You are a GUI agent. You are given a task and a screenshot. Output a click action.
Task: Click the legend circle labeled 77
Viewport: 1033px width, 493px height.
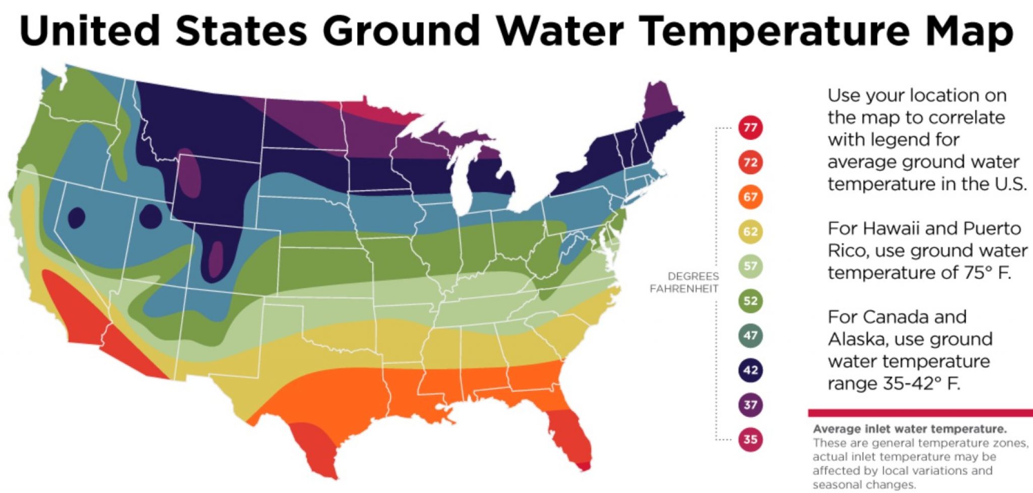[750, 127]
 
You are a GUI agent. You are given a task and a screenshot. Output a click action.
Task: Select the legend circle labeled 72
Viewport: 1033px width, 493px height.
[750, 162]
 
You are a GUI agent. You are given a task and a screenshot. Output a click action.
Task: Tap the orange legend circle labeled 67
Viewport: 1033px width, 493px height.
[750, 197]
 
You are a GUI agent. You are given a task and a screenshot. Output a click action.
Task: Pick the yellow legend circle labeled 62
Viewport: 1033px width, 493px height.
[750, 232]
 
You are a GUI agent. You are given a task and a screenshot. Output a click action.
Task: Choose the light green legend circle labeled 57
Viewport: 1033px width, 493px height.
[750, 266]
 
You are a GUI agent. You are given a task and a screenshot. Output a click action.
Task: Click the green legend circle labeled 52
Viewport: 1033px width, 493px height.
[750, 301]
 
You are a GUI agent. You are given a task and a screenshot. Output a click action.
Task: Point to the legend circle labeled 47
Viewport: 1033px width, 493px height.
[750, 336]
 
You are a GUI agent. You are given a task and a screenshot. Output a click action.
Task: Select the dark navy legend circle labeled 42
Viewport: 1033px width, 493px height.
[750, 370]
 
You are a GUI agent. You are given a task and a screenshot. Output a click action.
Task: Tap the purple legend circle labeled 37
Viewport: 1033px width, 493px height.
[750, 405]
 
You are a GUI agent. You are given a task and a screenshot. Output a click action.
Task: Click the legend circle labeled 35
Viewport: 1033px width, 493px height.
[750, 439]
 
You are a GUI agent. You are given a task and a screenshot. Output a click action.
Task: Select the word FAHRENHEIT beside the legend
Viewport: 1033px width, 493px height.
[683, 289]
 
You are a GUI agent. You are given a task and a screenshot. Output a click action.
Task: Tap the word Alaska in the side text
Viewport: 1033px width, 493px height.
[858, 339]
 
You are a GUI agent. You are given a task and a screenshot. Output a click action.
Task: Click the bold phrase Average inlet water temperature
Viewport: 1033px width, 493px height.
[909, 429]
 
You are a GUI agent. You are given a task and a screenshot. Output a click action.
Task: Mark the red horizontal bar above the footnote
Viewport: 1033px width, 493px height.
[920, 413]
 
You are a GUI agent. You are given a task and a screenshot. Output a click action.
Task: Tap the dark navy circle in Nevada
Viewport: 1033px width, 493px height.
[76, 218]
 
